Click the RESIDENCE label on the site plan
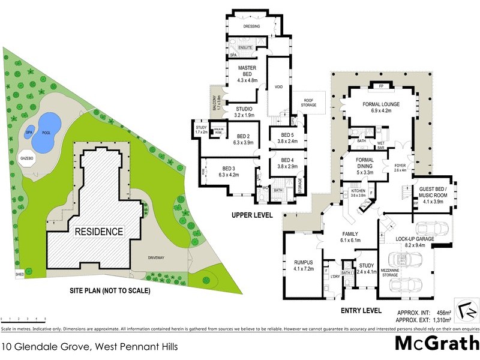(98, 231)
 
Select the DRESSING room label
(251, 26)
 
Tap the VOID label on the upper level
(278, 87)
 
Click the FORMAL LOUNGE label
(381, 107)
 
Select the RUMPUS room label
(300, 263)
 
